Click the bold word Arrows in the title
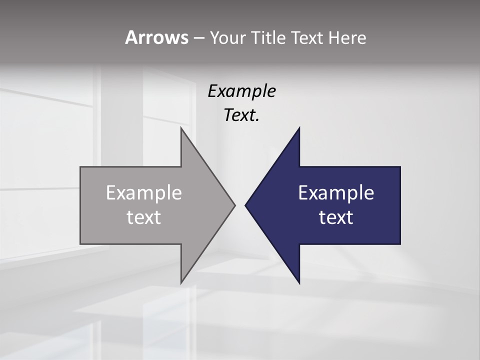point(156,37)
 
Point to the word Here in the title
point(347,37)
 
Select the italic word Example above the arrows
point(242,91)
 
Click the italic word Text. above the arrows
point(242,115)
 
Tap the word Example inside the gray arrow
point(144,193)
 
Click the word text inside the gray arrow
point(144,217)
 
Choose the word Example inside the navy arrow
point(336,193)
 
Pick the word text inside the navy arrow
point(336,217)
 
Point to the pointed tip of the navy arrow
point(246,205)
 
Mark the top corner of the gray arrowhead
point(181,128)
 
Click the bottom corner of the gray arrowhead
point(181,282)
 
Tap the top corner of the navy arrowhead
point(299,128)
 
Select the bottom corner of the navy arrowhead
point(299,282)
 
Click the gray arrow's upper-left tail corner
point(81,167)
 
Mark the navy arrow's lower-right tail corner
point(400,243)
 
